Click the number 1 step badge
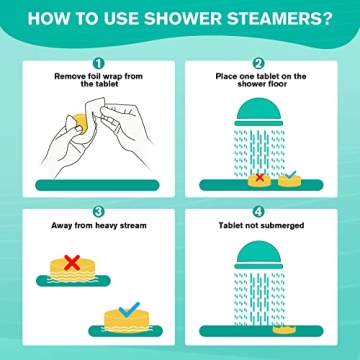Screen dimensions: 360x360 pyautogui.click(x=96, y=62)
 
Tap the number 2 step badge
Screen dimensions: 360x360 pyautogui.click(x=258, y=62)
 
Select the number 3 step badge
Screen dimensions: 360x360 pyautogui.click(x=96, y=211)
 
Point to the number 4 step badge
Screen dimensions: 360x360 pyautogui.click(x=258, y=211)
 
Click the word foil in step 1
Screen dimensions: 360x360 pyautogui.click(x=85, y=76)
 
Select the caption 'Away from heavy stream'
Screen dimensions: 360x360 pyautogui.click(x=96, y=226)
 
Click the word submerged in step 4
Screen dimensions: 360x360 pyautogui.click(x=284, y=226)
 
